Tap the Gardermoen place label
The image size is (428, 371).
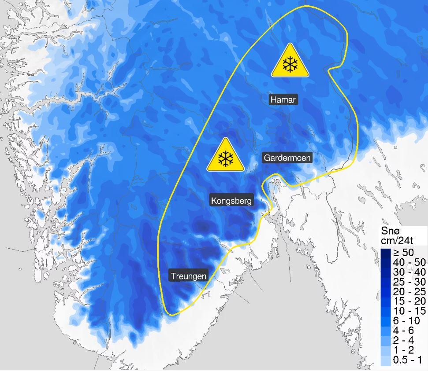[x=287, y=158]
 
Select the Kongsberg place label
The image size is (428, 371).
[x=231, y=201]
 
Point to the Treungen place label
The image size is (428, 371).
[x=188, y=276]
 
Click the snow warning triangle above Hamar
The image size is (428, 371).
[x=290, y=62]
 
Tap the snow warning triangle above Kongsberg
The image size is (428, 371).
[x=226, y=156]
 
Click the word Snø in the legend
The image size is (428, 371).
[x=391, y=232]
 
